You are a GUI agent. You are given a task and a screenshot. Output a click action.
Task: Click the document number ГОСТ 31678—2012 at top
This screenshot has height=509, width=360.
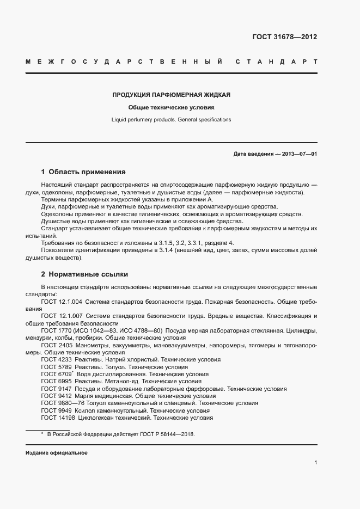coord(284,37)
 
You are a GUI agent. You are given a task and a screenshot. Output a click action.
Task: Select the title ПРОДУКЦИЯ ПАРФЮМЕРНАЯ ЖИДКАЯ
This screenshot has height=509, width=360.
coord(171,95)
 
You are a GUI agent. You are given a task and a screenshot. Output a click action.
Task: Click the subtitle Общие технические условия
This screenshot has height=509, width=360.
coord(171,107)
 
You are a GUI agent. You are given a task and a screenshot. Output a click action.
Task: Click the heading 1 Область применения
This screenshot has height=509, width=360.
coord(83,171)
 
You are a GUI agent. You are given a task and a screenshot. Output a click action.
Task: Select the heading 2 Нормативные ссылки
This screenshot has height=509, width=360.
coord(84,274)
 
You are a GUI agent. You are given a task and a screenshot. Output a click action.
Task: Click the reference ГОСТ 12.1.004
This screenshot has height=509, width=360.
coord(62,302)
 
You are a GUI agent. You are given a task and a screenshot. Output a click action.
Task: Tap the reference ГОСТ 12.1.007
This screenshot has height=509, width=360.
coord(62,316)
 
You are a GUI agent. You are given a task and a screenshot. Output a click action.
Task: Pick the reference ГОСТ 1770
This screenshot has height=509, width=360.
coord(56,331)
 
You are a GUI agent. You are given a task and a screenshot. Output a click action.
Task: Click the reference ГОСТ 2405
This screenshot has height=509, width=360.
coord(56,346)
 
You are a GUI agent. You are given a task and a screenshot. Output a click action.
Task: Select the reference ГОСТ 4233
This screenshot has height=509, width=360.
coord(56,360)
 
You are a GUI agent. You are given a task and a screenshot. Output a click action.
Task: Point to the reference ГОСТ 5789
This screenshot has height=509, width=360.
coord(56,367)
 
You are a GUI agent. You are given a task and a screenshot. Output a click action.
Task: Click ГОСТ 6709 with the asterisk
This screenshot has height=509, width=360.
coord(57,375)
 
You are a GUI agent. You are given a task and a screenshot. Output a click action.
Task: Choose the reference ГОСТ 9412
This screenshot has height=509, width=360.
coord(56,396)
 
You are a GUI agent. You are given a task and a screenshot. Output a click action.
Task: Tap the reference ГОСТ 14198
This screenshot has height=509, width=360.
coord(58,418)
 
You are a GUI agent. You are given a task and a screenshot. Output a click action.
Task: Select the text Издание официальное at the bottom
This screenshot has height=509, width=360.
coord(56,453)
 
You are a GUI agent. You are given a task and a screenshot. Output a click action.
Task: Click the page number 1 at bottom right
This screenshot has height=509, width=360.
coord(315,463)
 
